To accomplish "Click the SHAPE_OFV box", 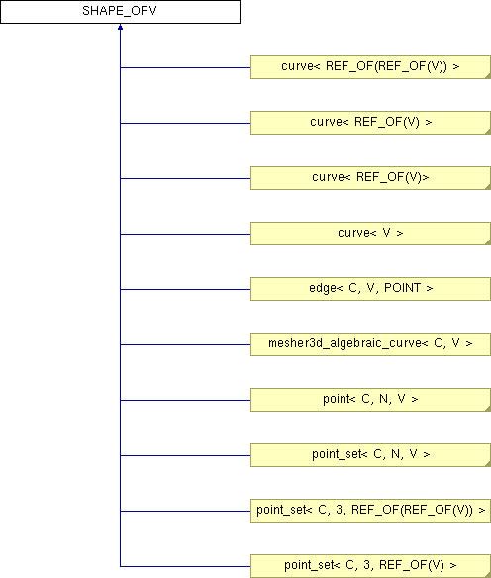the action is pyautogui.click(x=120, y=12).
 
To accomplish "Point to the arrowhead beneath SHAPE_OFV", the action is pyautogui.click(x=120, y=28).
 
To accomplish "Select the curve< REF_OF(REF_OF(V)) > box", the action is pyautogui.click(x=370, y=67).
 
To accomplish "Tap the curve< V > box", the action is pyautogui.click(x=370, y=234).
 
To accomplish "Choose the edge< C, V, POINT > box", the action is pyautogui.click(x=370, y=289).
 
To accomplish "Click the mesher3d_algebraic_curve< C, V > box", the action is pyautogui.click(x=370, y=344).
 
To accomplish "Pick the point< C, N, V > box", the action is pyautogui.click(x=370, y=400).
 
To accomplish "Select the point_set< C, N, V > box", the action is pyautogui.click(x=370, y=455).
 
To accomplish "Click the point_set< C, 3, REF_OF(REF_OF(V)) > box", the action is pyautogui.click(x=370, y=511).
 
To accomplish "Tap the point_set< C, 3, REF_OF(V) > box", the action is pyautogui.click(x=370, y=566).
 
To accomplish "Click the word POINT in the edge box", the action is pyautogui.click(x=402, y=288).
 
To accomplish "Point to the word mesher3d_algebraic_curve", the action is pyautogui.click(x=345, y=343).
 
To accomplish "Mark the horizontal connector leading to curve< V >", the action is pyautogui.click(x=185, y=234).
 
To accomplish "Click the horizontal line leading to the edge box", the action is pyautogui.click(x=185, y=289).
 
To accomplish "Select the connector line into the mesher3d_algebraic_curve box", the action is pyautogui.click(x=185, y=344).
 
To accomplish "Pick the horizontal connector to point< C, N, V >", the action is pyautogui.click(x=185, y=400).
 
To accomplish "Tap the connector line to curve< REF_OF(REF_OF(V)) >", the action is pyautogui.click(x=185, y=68).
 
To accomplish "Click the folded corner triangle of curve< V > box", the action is pyautogui.click(x=488, y=242).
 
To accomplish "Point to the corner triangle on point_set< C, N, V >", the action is pyautogui.click(x=488, y=464).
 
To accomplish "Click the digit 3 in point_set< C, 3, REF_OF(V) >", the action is pyautogui.click(x=366, y=565).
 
